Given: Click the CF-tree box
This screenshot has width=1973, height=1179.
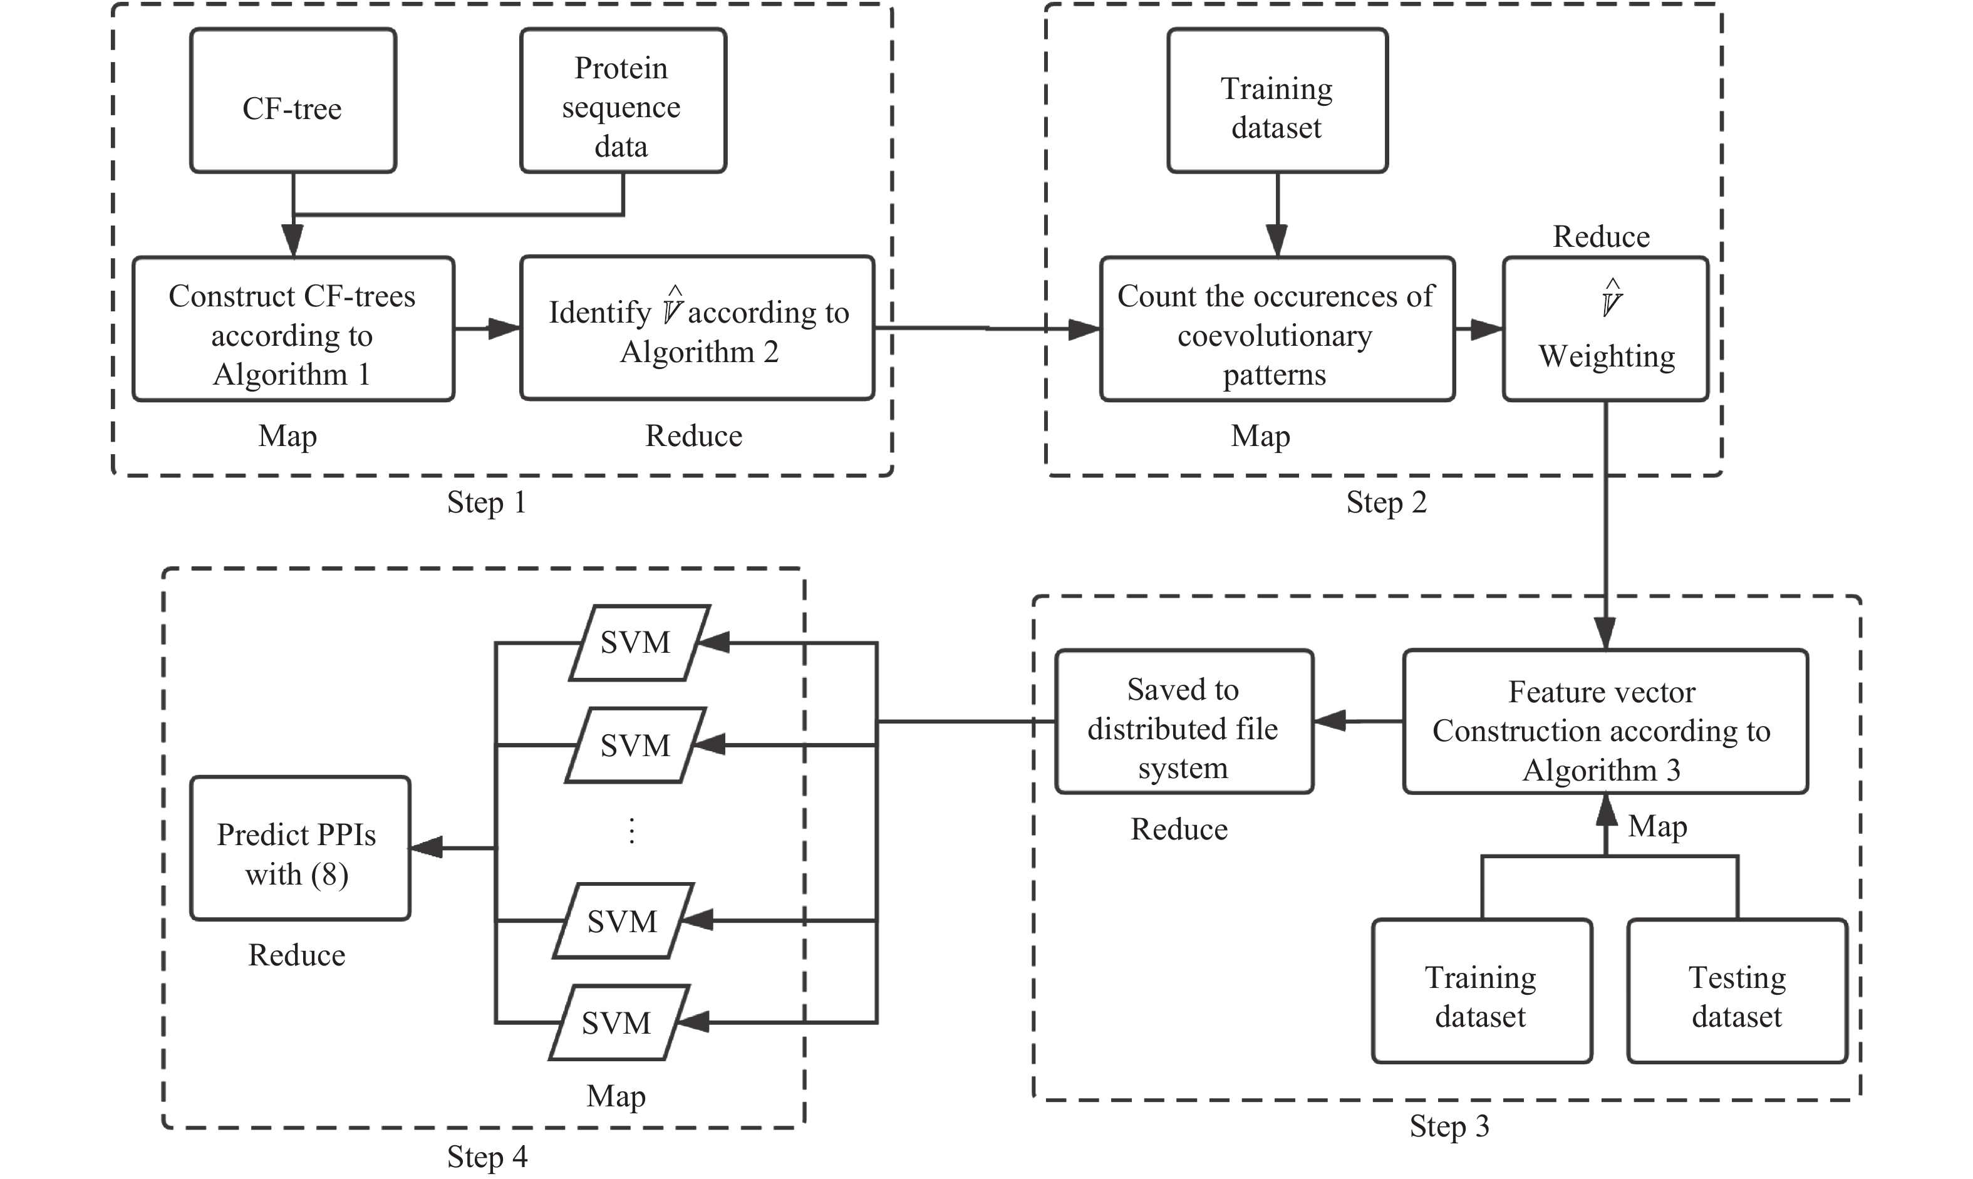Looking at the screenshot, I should (x=293, y=101).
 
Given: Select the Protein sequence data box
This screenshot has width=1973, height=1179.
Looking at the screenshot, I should (x=623, y=101).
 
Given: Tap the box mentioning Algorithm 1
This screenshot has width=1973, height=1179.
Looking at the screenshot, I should (x=293, y=329).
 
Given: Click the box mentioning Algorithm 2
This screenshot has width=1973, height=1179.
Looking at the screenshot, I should (x=697, y=328).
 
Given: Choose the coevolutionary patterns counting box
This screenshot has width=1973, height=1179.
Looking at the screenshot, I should (x=1276, y=329).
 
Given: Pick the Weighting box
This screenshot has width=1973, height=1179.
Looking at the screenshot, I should (x=1605, y=329).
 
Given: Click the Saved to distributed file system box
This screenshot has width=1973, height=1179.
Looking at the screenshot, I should (x=1183, y=722).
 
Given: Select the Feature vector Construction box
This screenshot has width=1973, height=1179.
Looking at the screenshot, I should (x=1605, y=722).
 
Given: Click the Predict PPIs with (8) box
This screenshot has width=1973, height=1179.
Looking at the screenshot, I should (x=299, y=848).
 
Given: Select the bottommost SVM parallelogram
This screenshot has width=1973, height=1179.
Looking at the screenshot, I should (x=618, y=1022).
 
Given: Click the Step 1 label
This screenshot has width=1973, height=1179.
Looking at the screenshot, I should (x=486, y=502).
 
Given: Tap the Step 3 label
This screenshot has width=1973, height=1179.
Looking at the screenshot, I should (x=1449, y=1126).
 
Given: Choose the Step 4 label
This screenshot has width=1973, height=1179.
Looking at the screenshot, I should (x=486, y=1156).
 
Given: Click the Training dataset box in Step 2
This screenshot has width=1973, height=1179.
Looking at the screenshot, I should (x=1276, y=101).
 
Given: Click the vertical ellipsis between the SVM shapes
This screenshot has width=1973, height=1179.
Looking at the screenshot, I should (x=631, y=831).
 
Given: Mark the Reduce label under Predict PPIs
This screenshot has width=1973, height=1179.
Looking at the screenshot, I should (x=296, y=955).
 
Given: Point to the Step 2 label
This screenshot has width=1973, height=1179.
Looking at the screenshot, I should (x=1386, y=502).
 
